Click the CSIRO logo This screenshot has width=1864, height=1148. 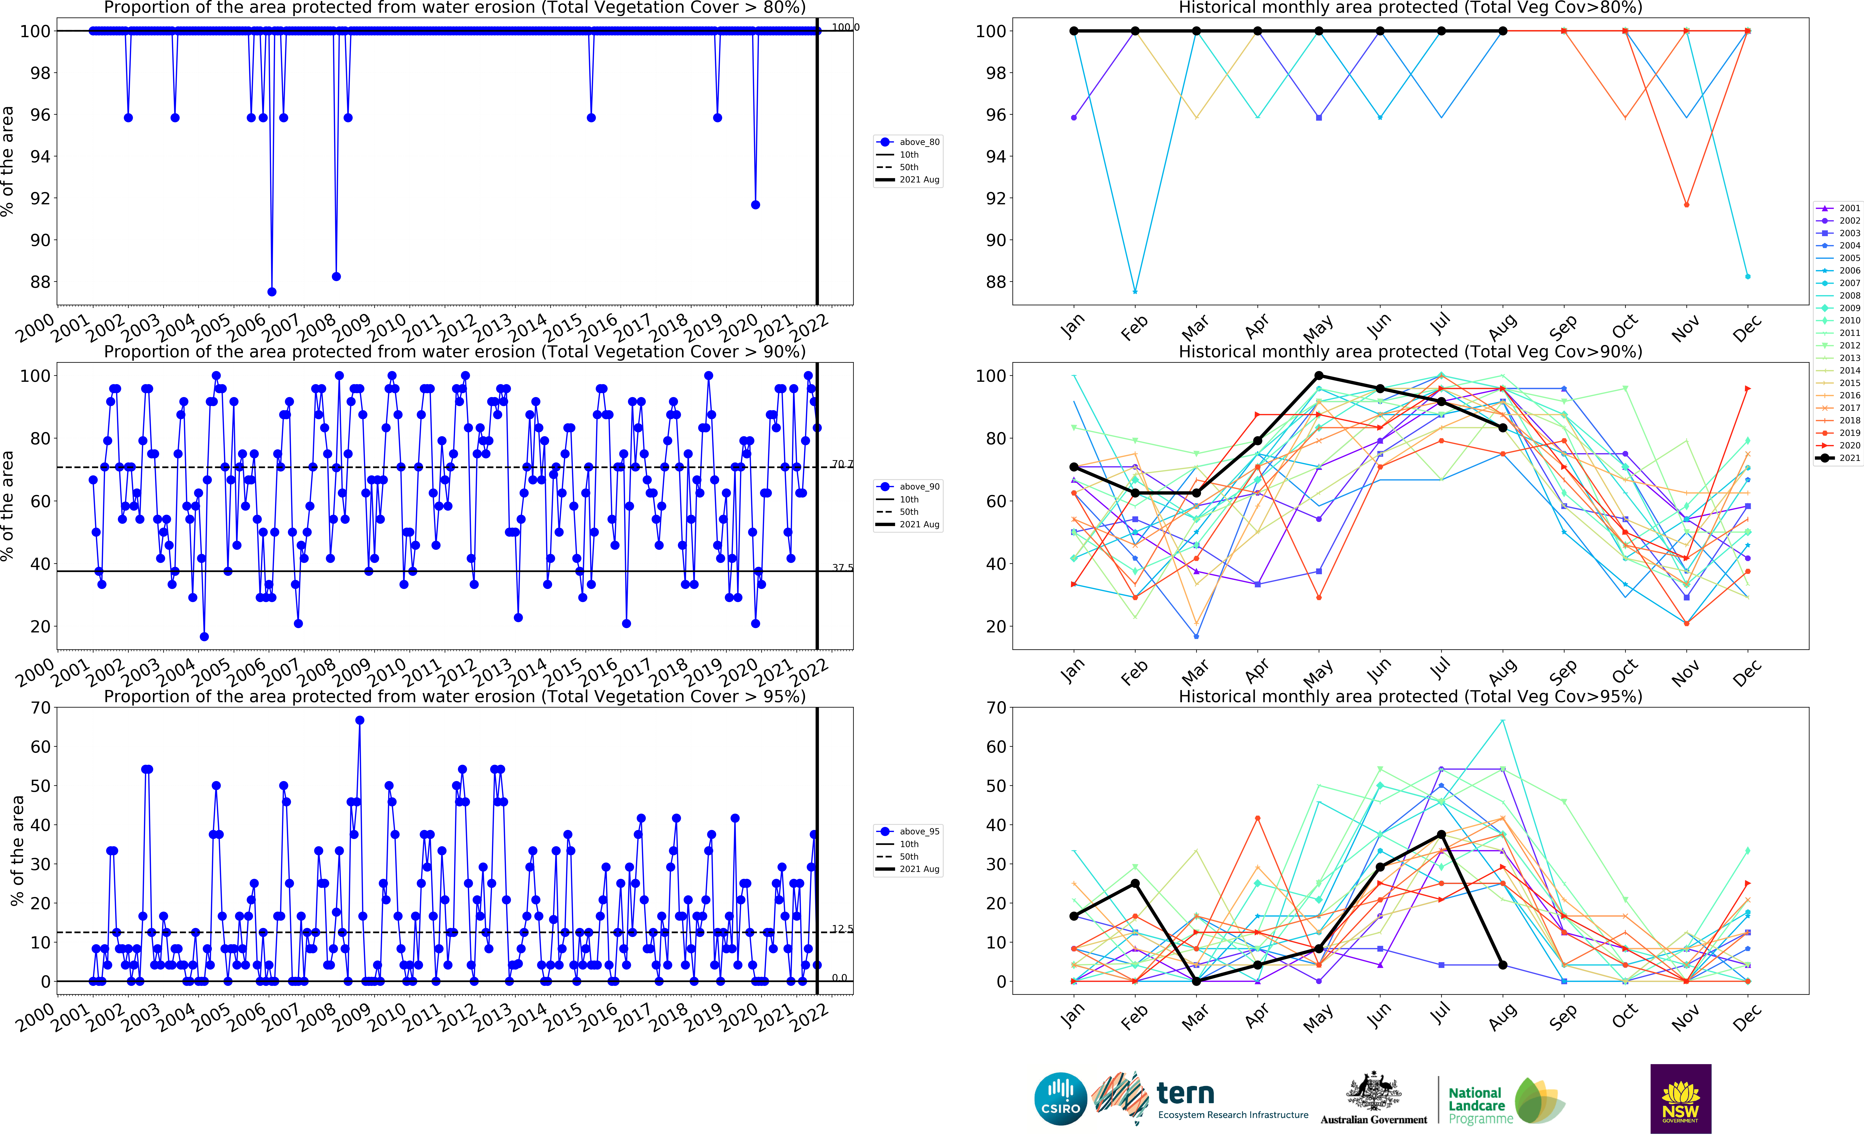1060,1099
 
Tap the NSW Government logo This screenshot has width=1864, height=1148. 1680,1099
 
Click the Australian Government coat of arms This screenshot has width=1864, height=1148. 1373,1092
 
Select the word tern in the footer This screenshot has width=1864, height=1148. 1185,1093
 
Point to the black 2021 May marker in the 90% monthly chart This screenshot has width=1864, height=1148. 1319,376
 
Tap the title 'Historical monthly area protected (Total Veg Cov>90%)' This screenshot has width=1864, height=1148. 1410,352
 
